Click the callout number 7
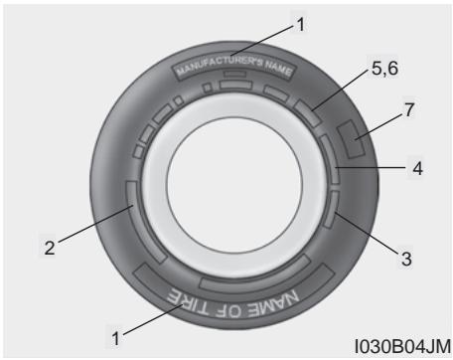409,109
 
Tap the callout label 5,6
384,69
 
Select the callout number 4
418,168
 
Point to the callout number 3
406,259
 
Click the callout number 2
50,248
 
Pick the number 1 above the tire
301,25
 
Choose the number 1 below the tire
115,338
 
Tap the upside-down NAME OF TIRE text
232,303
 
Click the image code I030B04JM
402,346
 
